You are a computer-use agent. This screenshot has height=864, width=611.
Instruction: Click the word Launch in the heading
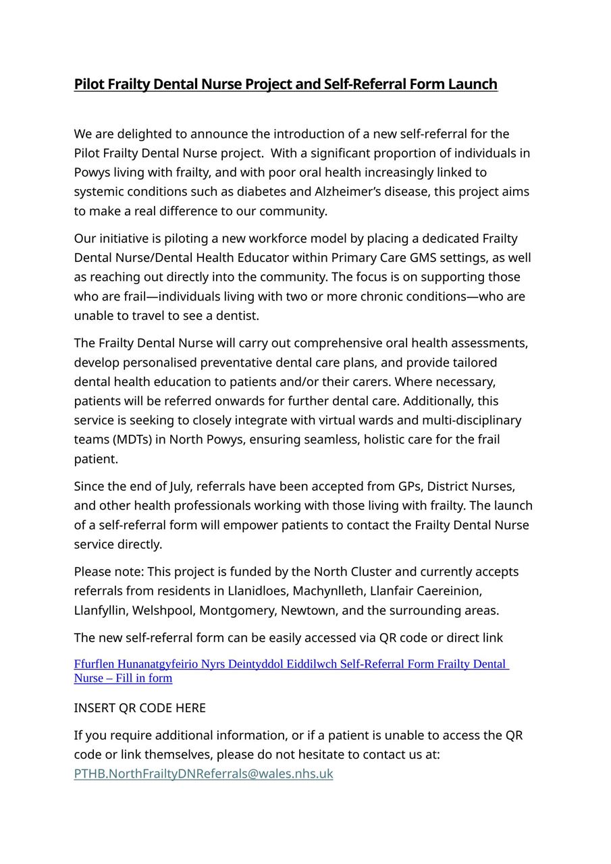click(x=473, y=84)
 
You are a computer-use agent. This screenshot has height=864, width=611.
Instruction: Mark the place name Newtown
click(x=308, y=611)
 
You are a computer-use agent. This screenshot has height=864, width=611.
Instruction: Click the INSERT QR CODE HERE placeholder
click(x=140, y=708)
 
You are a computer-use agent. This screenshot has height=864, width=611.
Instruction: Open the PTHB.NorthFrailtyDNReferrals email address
click(x=203, y=774)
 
